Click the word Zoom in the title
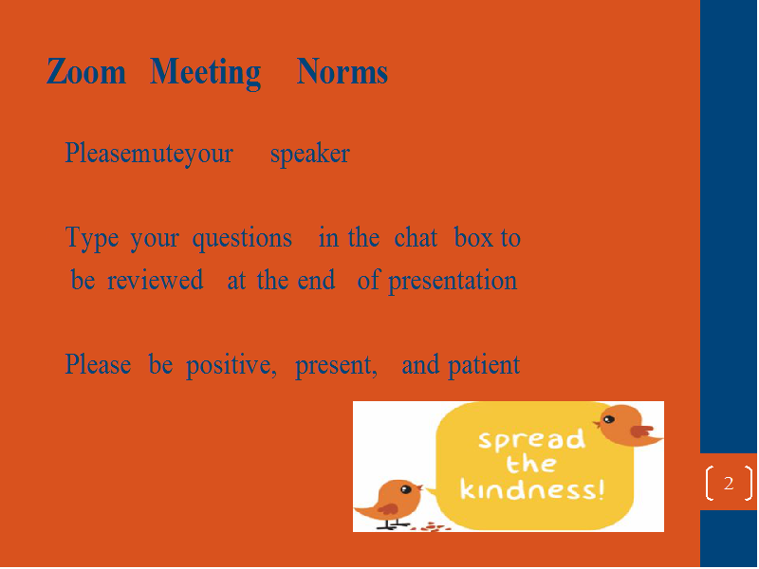coord(86,72)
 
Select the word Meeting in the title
coord(205,74)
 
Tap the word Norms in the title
coord(342,72)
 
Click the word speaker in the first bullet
coord(310,155)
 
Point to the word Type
coord(91,239)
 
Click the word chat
coord(416,238)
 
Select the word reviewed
coord(155,281)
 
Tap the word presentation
coord(453,282)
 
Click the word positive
coord(231,366)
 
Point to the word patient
coord(484,366)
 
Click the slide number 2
coord(729,483)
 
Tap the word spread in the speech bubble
coord(531,439)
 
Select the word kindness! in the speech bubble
coord(532,488)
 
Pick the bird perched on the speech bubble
coord(627,425)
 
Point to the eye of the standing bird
coord(406,489)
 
